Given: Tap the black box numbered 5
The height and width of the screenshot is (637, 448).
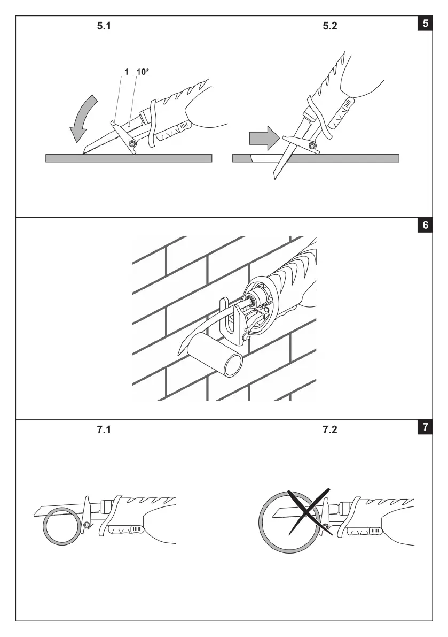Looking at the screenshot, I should click(x=425, y=24).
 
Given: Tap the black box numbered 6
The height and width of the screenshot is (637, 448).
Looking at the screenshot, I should click(x=425, y=225).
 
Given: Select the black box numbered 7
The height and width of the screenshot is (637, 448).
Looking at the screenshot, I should click(x=425, y=427).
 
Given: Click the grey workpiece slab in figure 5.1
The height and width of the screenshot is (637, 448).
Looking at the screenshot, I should click(x=128, y=158).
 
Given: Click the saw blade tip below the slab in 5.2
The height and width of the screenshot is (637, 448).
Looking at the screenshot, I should click(x=277, y=175).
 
